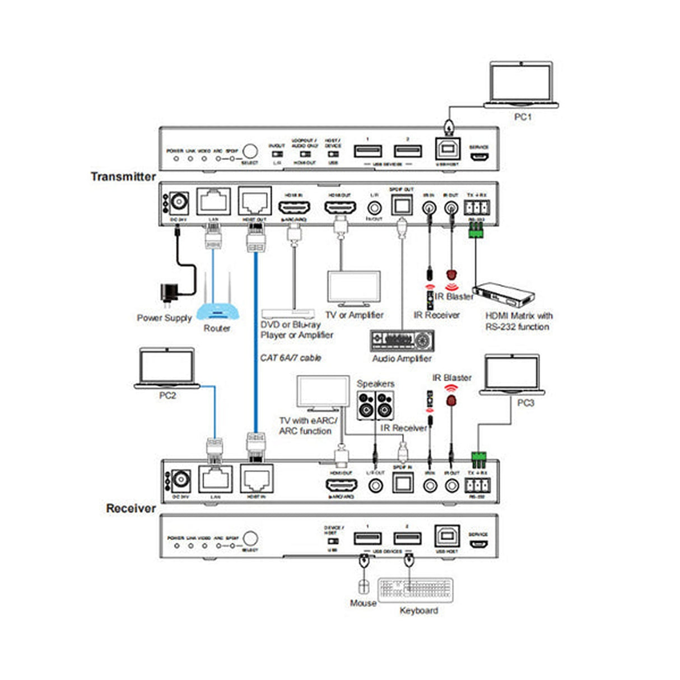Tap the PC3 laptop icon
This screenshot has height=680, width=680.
point(511,375)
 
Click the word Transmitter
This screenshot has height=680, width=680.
point(123,176)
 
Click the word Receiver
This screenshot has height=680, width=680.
point(131,508)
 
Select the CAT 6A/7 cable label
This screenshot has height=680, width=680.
point(290,357)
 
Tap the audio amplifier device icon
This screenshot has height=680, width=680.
point(402,341)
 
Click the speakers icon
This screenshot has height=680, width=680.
point(375,405)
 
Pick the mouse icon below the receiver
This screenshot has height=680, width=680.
point(363,586)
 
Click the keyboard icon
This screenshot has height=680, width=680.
point(416,590)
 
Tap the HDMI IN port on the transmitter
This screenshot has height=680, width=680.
point(295,207)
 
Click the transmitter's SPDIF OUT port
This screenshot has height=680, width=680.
point(401,206)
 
